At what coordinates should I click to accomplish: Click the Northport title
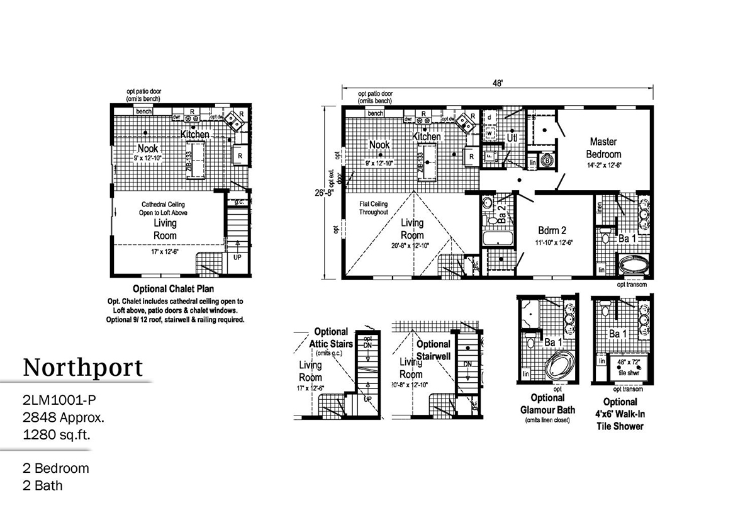(83, 367)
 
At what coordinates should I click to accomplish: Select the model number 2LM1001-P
(61, 400)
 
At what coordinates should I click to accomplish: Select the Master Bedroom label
(603, 148)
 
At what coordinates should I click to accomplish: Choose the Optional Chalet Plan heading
(175, 290)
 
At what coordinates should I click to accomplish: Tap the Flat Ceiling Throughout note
(374, 208)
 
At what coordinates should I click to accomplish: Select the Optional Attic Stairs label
(331, 337)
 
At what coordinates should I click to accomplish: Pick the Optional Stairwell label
(433, 349)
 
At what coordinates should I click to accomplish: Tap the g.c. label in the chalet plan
(239, 202)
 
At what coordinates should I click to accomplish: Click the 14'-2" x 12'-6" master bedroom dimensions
(603, 166)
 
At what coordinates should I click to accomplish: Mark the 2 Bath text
(42, 485)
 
